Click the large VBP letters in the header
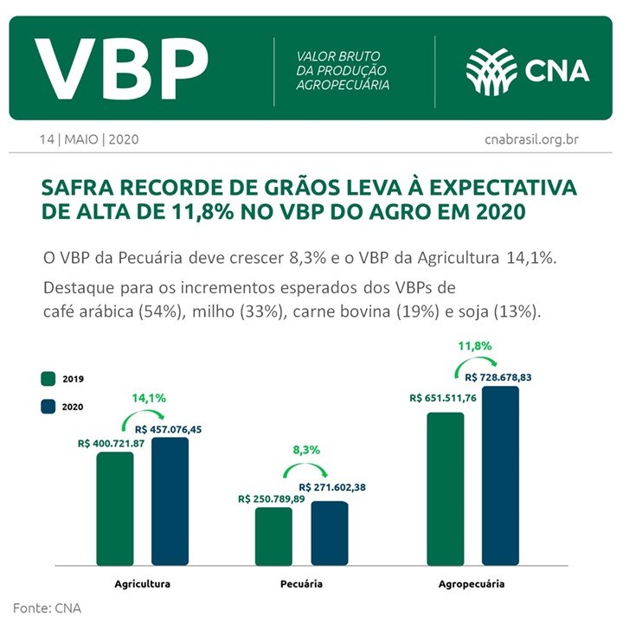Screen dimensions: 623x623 coord(122,68)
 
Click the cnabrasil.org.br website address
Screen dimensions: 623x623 coord(530,138)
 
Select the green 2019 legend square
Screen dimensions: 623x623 coord(48,379)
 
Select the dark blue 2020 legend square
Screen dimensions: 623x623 coord(48,406)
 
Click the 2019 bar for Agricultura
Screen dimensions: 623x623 coord(115,510)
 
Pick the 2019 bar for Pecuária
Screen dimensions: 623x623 coord(273,536)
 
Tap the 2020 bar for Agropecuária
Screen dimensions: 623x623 coord(500,476)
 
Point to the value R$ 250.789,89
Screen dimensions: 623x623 coord(272,498)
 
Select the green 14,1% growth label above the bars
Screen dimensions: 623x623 coord(148,399)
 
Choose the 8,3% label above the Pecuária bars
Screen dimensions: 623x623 coord(306,450)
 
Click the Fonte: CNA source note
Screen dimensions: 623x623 coord(47,607)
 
